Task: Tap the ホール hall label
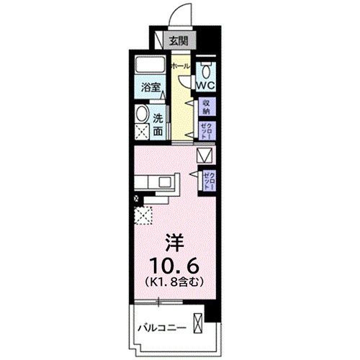[181, 67]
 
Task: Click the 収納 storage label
[207, 107]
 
